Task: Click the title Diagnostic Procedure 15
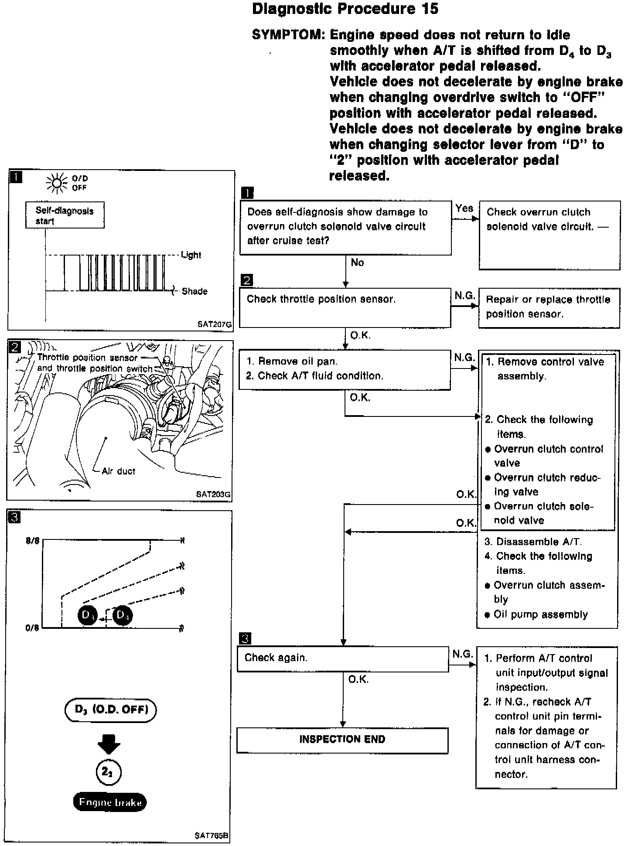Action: (x=345, y=9)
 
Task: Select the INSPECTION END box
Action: (x=342, y=740)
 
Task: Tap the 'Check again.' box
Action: (x=342, y=658)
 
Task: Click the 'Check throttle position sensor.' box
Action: (x=345, y=307)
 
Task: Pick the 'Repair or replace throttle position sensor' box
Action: (x=549, y=307)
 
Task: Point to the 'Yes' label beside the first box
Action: (x=464, y=208)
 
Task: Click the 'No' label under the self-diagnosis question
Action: (x=357, y=263)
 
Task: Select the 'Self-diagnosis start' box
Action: (x=65, y=215)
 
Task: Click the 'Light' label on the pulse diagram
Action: (x=191, y=255)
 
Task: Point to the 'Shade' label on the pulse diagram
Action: (x=194, y=291)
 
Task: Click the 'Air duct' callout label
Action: (x=118, y=471)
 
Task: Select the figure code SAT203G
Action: (x=213, y=495)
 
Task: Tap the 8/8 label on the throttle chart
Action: (x=32, y=541)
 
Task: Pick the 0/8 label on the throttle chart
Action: (x=32, y=628)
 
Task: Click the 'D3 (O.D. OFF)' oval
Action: (x=111, y=710)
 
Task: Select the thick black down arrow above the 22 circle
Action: (x=109, y=744)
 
